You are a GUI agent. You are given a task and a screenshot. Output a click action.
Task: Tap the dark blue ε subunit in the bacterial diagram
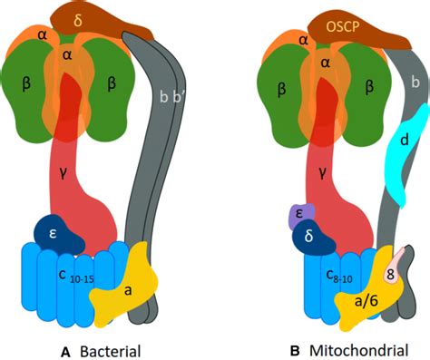(x=55, y=234)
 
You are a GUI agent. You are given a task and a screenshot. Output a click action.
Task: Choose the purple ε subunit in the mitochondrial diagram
(x=298, y=214)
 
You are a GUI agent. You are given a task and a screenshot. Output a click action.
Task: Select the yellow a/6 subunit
(x=367, y=300)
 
